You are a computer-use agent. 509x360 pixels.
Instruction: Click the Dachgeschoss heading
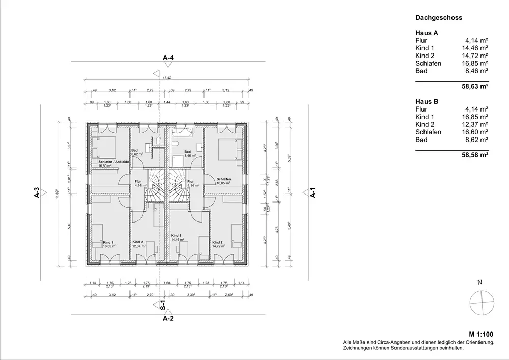(x=438, y=18)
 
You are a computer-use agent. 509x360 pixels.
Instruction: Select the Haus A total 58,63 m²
(x=475, y=87)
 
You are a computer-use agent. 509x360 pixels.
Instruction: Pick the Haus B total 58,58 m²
(x=475, y=155)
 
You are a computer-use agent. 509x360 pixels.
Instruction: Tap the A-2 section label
(x=168, y=319)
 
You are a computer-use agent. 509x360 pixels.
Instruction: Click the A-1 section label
(x=314, y=193)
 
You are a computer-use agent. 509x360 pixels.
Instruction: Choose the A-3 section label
(x=37, y=193)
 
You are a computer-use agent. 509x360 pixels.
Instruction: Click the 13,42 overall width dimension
(x=167, y=78)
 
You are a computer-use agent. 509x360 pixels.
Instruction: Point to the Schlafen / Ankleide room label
(x=112, y=162)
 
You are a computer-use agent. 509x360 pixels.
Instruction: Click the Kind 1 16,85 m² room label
(x=109, y=244)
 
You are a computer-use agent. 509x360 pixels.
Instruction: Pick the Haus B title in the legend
(x=427, y=101)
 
